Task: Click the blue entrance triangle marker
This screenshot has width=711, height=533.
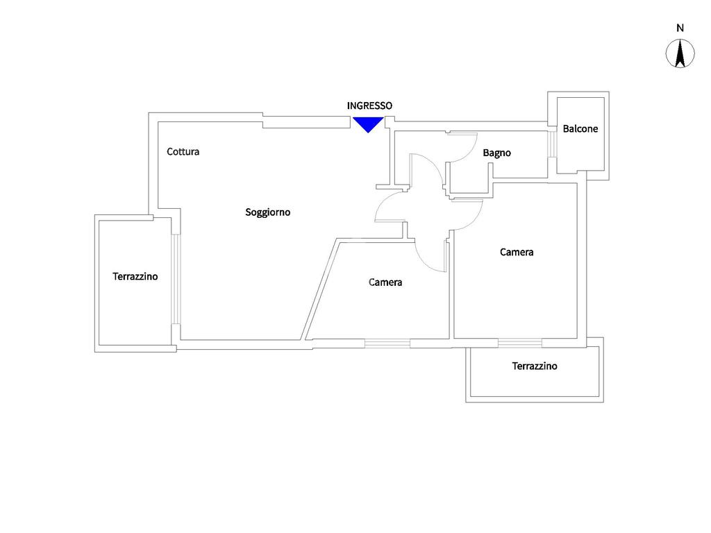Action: click(368, 124)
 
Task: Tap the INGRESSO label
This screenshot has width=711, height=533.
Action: click(369, 105)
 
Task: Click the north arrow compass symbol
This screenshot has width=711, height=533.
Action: click(680, 53)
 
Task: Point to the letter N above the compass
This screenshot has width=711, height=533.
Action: click(680, 28)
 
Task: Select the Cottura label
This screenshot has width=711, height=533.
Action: click(183, 151)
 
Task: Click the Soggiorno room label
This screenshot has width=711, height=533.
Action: click(267, 212)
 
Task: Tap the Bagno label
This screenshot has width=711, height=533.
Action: click(496, 153)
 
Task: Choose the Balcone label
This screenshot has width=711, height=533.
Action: click(580, 128)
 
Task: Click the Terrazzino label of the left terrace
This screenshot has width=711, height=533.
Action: click(135, 276)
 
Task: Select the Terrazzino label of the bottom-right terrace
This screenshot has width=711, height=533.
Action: click(535, 366)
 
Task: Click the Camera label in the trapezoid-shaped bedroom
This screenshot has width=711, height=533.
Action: click(385, 282)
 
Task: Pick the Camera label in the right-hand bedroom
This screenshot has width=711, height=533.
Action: click(517, 252)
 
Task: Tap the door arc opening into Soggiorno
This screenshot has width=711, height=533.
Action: click(383, 201)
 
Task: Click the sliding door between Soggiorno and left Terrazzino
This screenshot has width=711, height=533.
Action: click(176, 279)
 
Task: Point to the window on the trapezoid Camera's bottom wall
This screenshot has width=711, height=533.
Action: click(387, 344)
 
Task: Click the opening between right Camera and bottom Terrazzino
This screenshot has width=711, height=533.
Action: click(519, 343)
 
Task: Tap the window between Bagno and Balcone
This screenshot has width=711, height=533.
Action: click(552, 144)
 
